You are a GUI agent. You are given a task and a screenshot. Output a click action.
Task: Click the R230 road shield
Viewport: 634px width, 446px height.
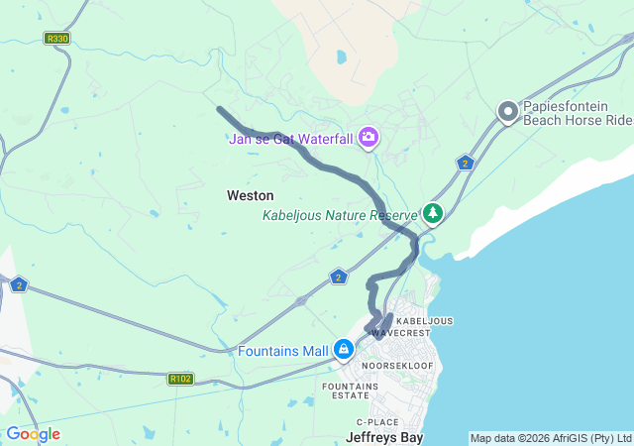pos(57,39)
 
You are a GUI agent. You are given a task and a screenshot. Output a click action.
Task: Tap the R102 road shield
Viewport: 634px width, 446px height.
pos(180,379)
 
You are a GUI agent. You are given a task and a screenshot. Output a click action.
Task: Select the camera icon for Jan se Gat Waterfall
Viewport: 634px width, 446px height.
pos(369,137)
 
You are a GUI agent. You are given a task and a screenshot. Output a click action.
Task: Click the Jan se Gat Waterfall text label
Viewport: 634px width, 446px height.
pos(291,139)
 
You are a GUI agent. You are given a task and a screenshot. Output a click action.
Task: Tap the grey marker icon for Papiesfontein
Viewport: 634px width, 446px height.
pos(508,112)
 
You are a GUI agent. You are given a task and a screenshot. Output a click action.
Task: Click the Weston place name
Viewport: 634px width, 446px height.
pos(251,195)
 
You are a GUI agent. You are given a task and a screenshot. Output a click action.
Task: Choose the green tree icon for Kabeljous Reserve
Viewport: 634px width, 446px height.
pos(432,213)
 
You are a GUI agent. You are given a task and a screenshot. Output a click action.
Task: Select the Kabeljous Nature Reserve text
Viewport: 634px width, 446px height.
pos(341,215)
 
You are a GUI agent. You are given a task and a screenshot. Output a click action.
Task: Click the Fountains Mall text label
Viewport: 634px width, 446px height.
pos(283,351)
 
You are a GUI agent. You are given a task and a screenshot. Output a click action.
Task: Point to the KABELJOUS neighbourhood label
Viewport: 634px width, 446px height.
pos(424,321)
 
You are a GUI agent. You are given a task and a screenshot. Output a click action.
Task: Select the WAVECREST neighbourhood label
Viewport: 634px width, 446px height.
pos(402,334)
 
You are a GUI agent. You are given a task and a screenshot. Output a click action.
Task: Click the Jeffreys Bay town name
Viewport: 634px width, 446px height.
pos(385,436)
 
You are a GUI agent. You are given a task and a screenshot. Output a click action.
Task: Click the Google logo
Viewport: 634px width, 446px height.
pos(33,434)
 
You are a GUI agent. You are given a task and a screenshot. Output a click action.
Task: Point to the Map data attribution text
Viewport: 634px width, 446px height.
pos(550,438)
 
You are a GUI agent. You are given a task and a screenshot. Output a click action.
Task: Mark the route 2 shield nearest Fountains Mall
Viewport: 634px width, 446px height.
pos(339,277)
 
